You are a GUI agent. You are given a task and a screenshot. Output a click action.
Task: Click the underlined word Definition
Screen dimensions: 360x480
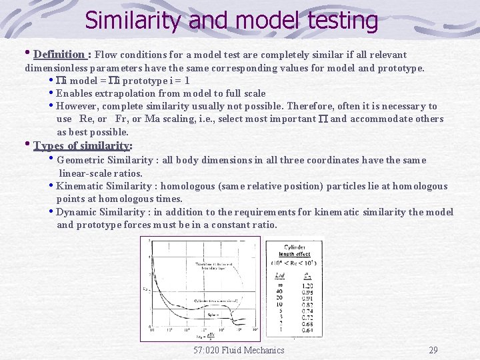[x=59, y=54]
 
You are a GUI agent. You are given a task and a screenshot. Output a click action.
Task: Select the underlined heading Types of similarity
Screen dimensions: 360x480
[x=81, y=145]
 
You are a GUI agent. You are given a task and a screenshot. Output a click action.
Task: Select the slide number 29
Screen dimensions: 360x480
[x=433, y=350]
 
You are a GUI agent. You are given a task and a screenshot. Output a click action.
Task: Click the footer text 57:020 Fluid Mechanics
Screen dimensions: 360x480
[x=239, y=350]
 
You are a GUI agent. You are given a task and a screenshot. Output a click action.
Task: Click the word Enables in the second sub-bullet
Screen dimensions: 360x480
[x=75, y=93]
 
